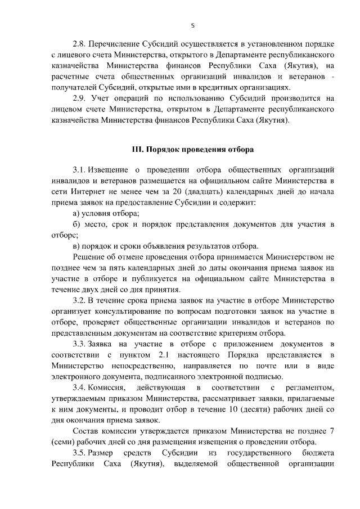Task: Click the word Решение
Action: [x=90, y=257]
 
